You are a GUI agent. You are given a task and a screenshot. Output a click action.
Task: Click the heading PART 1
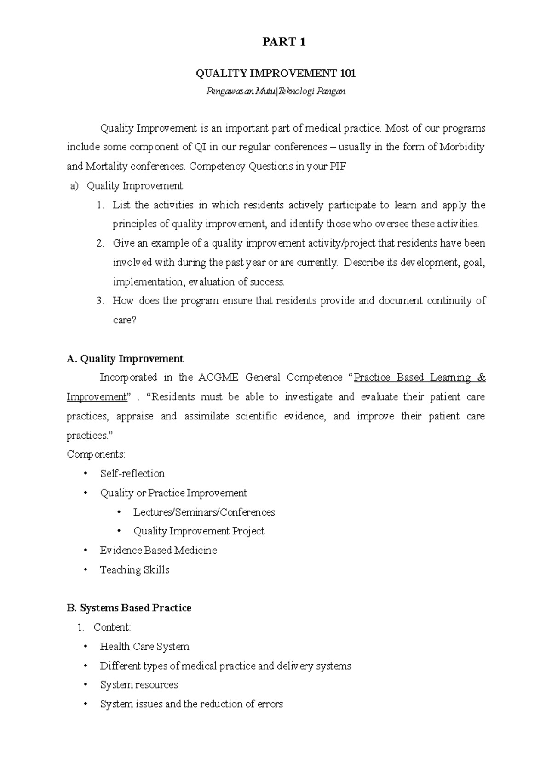click(284, 42)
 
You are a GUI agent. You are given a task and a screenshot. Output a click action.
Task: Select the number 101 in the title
click(347, 74)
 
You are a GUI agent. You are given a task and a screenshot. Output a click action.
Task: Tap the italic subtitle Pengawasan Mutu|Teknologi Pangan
click(276, 92)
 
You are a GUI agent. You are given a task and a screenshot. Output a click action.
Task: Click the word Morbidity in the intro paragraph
click(462, 147)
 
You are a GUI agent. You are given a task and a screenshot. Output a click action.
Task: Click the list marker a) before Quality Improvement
click(74, 186)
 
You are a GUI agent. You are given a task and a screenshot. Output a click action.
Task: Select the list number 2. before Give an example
click(101, 243)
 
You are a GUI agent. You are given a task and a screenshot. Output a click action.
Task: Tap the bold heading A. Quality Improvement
click(125, 359)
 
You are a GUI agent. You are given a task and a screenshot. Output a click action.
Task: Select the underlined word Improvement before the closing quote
click(96, 397)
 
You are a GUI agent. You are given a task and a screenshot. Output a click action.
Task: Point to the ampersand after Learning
click(481, 378)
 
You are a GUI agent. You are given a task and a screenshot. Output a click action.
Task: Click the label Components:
click(96, 454)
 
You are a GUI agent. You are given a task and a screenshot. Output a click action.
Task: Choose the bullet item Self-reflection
click(132, 474)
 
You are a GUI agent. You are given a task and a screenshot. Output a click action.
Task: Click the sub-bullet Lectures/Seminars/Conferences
click(204, 512)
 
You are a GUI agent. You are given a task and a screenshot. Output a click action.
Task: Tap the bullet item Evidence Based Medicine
click(158, 551)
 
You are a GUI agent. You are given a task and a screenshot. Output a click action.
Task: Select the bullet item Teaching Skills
click(135, 570)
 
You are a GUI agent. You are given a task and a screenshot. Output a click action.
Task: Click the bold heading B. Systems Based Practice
click(129, 608)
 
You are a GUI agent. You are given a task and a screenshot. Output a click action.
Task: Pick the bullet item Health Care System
click(144, 647)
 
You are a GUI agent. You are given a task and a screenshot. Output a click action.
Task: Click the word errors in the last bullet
click(270, 704)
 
